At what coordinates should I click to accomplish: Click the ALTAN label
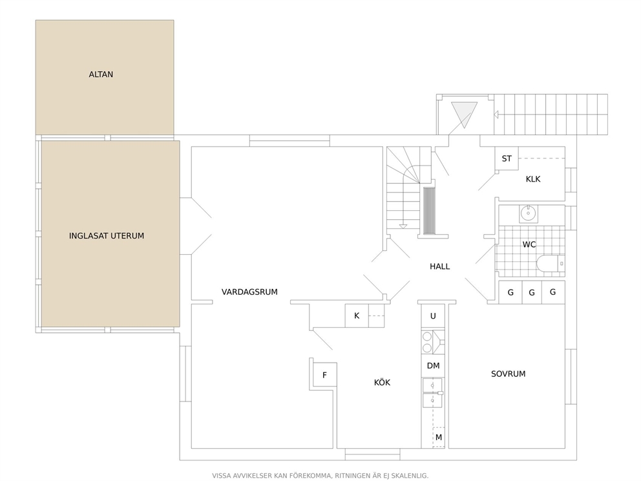pyautogui.click(x=101, y=74)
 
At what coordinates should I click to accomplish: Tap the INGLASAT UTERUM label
pyautogui.click(x=106, y=236)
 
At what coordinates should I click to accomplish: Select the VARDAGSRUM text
pyautogui.click(x=249, y=292)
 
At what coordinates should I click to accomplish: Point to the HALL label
pyautogui.click(x=439, y=266)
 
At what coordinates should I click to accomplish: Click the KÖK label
pyautogui.click(x=383, y=383)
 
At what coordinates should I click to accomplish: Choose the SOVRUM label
pyautogui.click(x=508, y=374)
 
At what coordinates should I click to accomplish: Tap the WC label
pyautogui.click(x=529, y=244)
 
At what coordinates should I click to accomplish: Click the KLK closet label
pyautogui.click(x=533, y=179)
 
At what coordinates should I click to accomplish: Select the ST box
pyautogui.click(x=507, y=158)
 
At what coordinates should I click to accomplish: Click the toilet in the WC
pyautogui.click(x=550, y=263)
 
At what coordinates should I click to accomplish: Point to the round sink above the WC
pyautogui.click(x=529, y=213)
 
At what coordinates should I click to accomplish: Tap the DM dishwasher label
pyautogui.click(x=433, y=366)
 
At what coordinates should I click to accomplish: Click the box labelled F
pyautogui.click(x=324, y=374)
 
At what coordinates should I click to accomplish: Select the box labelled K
pyautogui.click(x=357, y=315)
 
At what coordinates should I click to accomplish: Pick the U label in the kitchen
pyautogui.click(x=433, y=315)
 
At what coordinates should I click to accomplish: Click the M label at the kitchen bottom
pyautogui.click(x=439, y=437)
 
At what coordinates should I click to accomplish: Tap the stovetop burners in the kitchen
pyautogui.click(x=427, y=342)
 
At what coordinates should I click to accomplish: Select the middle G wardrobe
pyautogui.click(x=532, y=292)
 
